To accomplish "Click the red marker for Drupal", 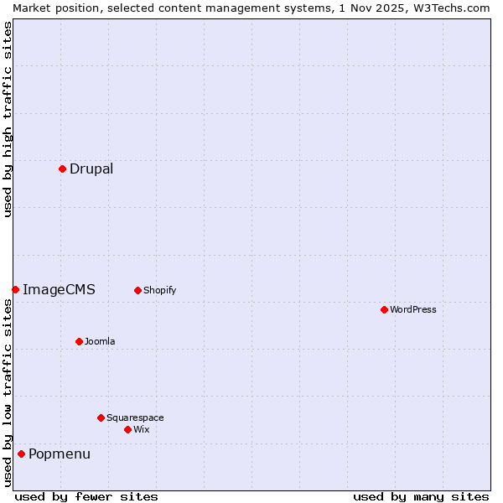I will pyautogui.click(x=62, y=169).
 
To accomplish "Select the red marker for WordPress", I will pyautogui.click(x=384, y=309).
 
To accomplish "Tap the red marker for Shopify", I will pyautogui.click(x=137, y=290).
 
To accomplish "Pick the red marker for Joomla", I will pyautogui.click(x=79, y=341).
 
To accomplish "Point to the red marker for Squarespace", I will pyautogui.click(x=101, y=417).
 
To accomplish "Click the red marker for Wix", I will pyautogui.click(x=127, y=429).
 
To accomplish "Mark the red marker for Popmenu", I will pyautogui.click(x=21, y=454).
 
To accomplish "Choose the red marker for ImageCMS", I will pyautogui.click(x=15, y=289).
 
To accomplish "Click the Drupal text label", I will pyautogui.click(x=91, y=169).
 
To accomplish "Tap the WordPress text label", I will pyautogui.click(x=413, y=309).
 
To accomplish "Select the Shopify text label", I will pyautogui.click(x=159, y=290).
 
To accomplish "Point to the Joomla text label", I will pyautogui.click(x=100, y=341).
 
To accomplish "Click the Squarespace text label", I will pyautogui.click(x=135, y=417).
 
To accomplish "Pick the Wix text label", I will pyautogui.click(x=141, y=429).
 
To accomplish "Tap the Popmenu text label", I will pyautogui.click(x=60, y=454).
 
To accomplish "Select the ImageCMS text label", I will pyautogui.click(x=59, y=289).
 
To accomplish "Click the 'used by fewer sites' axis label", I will pyautogui.click(x=86, y=496).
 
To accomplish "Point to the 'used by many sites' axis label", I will pyautogui.click(x=421, y=496).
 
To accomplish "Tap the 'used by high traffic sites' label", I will pyautogui.click(x=8, y=119).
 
